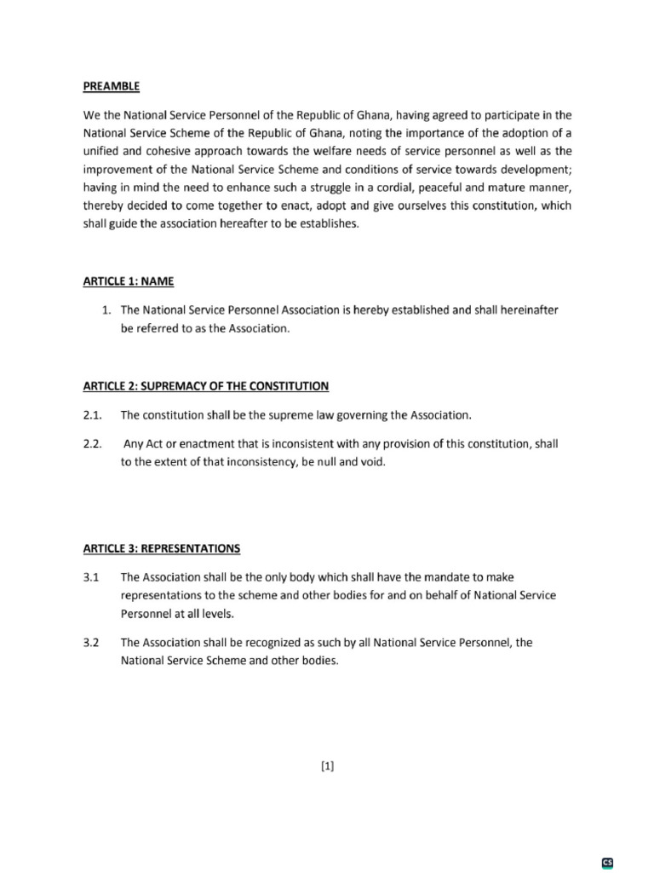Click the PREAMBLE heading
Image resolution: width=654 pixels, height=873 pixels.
coord(111,86)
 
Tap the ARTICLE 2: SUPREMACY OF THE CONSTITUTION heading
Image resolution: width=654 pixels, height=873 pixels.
coord(205,386)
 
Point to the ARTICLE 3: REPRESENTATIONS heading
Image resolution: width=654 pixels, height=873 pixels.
coord(161,547)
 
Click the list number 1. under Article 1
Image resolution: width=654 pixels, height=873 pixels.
coord(106,311)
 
